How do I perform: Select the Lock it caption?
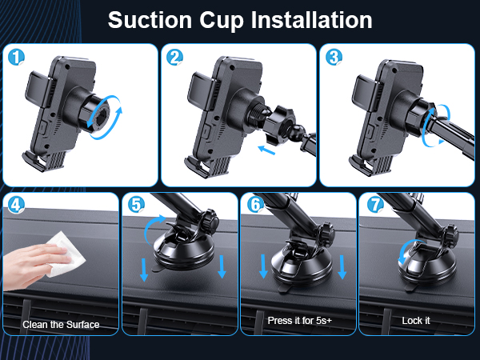[x=416, y=320]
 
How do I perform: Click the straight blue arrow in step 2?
[x=273, y=147]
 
